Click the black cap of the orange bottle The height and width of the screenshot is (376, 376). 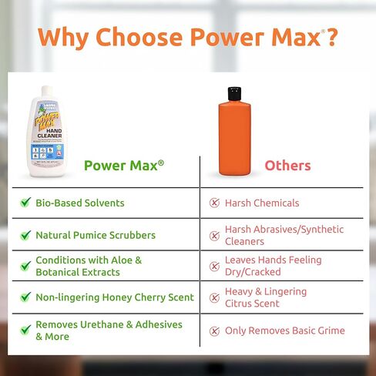230,95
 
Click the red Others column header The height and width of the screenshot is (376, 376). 287,166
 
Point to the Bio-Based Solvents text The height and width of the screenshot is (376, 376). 80,203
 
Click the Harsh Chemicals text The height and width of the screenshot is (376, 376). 262,203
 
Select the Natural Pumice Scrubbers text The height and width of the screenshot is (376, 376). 96,235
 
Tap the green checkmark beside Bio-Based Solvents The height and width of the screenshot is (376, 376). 25,203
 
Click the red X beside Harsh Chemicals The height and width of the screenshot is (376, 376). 215,203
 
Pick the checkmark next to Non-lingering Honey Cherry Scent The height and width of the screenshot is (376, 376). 25,297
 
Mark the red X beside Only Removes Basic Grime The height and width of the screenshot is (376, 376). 215,331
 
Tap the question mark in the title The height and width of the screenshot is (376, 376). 331,37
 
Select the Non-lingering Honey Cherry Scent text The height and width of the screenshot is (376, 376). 115,297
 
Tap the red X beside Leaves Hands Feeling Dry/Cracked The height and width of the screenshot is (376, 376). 215,267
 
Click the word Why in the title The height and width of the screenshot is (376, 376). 61,37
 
